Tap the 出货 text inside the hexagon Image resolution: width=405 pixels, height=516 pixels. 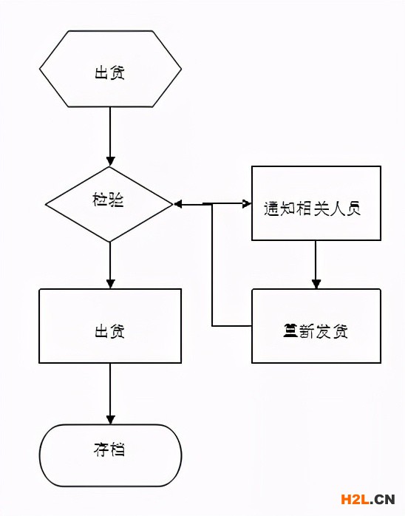[x=109, y=72]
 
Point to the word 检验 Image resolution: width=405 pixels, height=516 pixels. [x=109, y=200]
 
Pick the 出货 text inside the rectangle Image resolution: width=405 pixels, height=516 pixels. [x=109, y=330]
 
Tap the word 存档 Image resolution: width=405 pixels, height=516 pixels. [x=109, y=449]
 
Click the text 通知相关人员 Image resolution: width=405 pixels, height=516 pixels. [x=312, y=208]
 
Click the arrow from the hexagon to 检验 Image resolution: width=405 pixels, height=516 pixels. [x=110, y=133]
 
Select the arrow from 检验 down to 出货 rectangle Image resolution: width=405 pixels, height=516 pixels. [x=110, y=262]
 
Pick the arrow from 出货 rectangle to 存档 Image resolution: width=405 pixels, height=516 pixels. [x=110, y=392]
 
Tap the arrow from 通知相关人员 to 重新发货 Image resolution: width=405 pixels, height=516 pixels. [x=316, y=262]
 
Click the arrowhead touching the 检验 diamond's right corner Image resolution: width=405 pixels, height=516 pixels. [x=178, y=203]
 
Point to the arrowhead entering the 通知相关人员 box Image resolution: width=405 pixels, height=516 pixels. [x=246, y=203]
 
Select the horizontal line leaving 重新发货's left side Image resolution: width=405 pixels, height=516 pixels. [x=232, y=325]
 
